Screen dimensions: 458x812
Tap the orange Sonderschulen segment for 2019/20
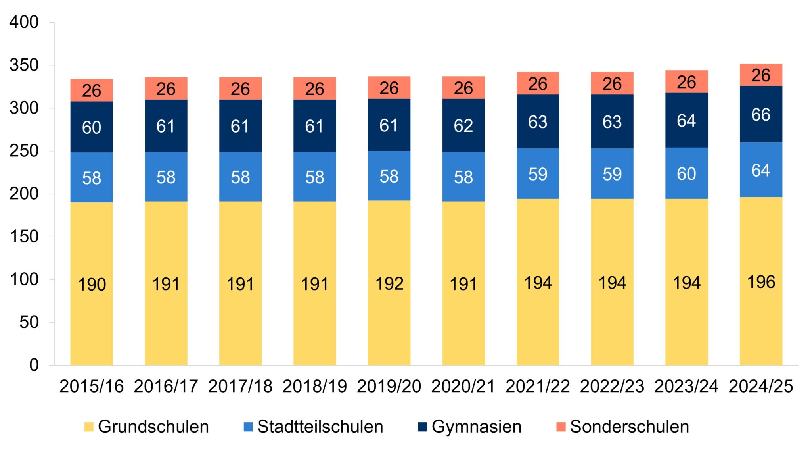[x=389, y=88]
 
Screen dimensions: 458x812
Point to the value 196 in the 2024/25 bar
[x=761, y=282]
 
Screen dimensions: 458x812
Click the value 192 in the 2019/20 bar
[x=389, y=284]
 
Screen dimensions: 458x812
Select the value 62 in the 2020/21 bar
[x=463, y=126]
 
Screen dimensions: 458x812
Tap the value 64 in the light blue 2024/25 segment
[x=760, y=171]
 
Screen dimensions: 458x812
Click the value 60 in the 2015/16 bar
[x=92, y=128]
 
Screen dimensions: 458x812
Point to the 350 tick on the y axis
[x=24, y=65]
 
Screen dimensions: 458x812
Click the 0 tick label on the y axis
[x=34, y=365]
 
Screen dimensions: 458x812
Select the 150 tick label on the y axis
[x=24, y=237]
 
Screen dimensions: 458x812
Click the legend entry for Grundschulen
[x=147, y=427]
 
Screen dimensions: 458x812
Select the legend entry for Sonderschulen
[x=622, y=427]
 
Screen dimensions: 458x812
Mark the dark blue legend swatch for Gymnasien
[x=423, y=427]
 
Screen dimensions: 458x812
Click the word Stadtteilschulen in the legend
[x=320, y=427]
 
